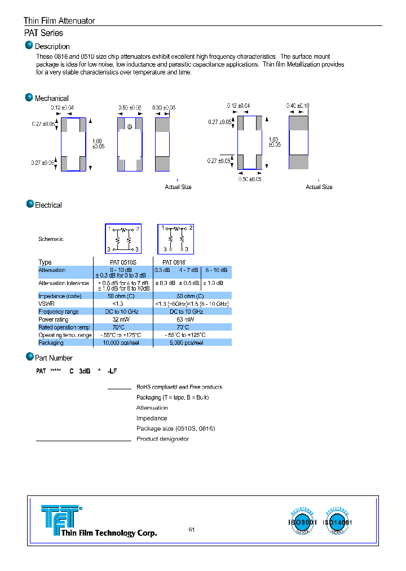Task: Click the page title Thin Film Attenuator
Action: click(x=59, y=21)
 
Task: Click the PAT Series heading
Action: click(x=43, y=33)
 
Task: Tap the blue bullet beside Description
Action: click(x=29, y=45)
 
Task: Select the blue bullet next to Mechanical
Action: click(x=29, y=97)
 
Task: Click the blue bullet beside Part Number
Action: click(x=29, y=357)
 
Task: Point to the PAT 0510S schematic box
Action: click(x=123, y=239)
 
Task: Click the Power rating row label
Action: click(x=54, y=319)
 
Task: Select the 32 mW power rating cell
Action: click(x=123, y=319)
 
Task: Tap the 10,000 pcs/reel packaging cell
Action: click(x=123, y=342)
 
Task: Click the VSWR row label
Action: click(x=46, y=304)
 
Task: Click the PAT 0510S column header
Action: click(x=123, y=262)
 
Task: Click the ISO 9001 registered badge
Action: click(x=303, y=522)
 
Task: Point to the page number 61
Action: click(x=192, y=529)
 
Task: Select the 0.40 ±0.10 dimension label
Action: click(x=298, y=106)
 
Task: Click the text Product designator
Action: click(x=162, y=439)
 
